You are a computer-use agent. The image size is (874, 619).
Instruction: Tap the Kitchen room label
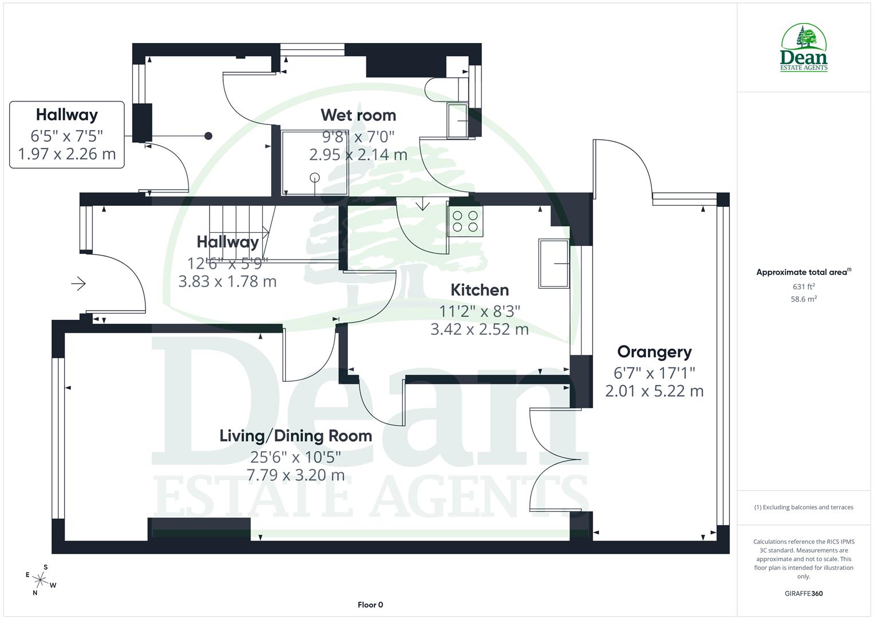[480, 290]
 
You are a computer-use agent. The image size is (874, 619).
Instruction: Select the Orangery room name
[654, 352]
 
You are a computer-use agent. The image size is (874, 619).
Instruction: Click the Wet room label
[358, 115]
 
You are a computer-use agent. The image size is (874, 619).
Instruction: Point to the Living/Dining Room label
[296, 436]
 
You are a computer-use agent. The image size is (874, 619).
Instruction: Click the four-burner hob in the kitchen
[465, 221]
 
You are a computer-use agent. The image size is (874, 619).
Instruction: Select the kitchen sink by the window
[553, 264]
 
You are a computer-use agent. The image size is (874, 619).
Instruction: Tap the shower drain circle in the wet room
[314, 177]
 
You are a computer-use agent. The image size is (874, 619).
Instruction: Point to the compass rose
[41, 579]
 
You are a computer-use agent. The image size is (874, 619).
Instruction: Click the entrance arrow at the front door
[78, 283]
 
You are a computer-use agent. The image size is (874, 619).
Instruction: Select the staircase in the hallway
[238, 232]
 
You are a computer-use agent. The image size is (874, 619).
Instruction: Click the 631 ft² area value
[804, 287]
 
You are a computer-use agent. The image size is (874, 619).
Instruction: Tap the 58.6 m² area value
[804, 299]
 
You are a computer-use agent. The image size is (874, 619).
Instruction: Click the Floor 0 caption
[370, 605]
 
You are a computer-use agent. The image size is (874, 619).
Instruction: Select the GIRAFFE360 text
[804, 593]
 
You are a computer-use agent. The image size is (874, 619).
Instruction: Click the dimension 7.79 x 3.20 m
[296, 475]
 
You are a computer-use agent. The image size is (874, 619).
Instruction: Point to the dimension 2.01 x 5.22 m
[654, 391]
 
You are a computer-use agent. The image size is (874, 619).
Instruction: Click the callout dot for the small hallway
[208, 136]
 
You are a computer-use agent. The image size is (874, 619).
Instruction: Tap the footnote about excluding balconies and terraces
[804, 507]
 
